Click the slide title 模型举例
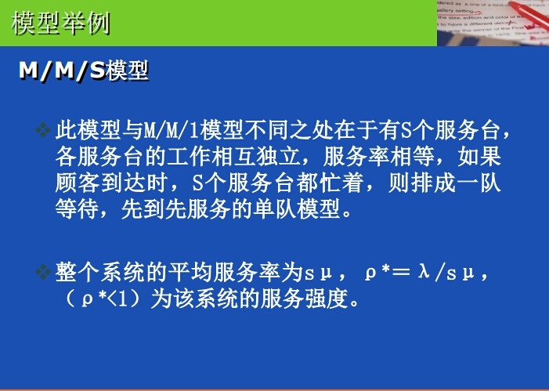pyautogui.click(x=61, y=23)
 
